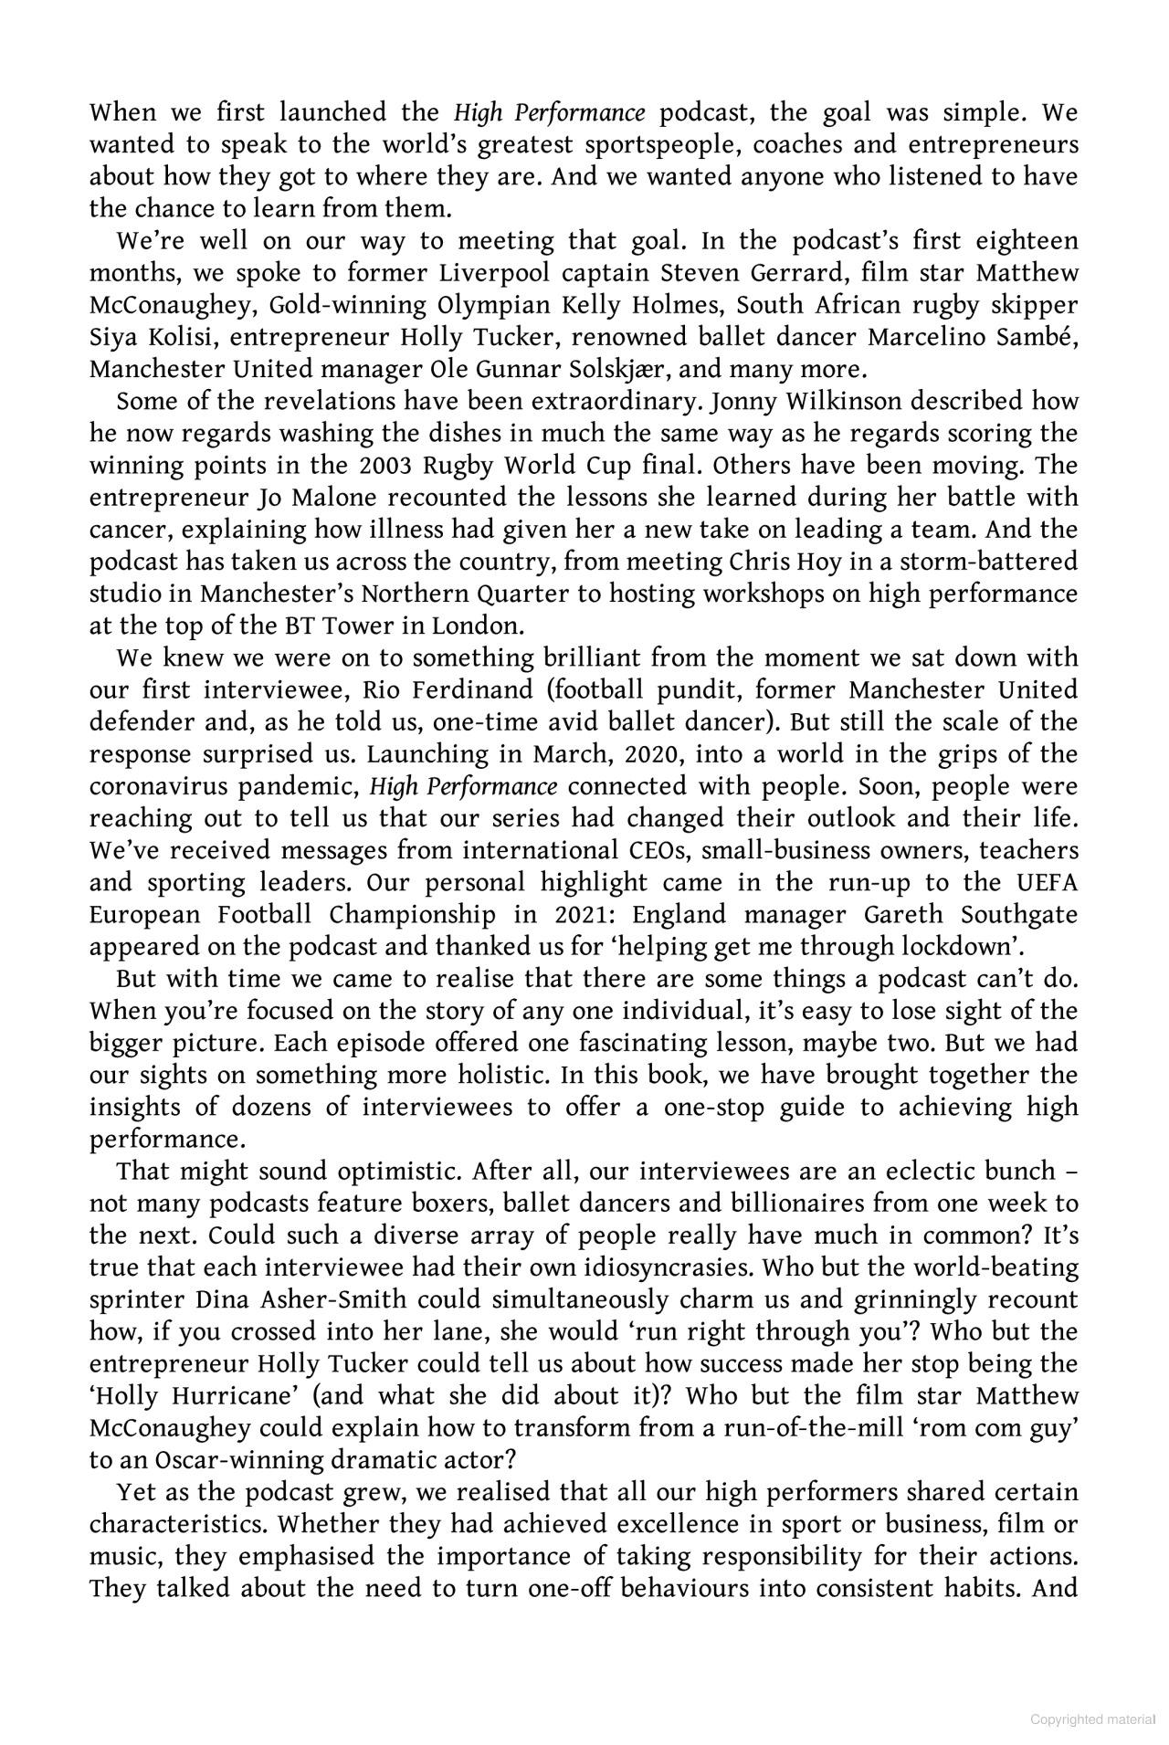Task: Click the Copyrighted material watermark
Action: click(x=1093, y=1719)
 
